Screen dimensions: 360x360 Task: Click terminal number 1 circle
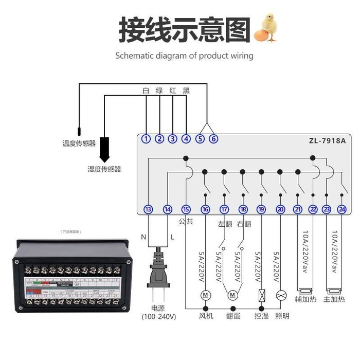tap(147, 139)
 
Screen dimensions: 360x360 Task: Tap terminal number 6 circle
tap(213, 139)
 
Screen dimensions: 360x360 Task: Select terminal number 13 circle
tap(148, 209)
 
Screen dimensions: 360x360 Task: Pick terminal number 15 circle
tap(186, 209)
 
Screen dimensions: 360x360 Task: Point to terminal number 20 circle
tap(280, 209)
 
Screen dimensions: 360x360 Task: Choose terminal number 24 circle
tap(342, 209)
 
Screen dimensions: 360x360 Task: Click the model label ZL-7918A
tap(327, 140)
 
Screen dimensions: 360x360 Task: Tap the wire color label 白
tap(146, 91)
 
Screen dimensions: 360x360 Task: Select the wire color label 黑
tap(186, 91)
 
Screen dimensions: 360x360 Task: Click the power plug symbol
tap(158, 278)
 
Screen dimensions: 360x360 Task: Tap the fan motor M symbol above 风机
tap(205, 295)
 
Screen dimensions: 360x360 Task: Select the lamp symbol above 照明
tap(280, 295)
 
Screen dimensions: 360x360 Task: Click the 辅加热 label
tap(305, 299)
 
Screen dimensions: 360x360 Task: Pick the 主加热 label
tap(334, 299)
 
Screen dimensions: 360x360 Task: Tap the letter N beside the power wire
tap(144, 237)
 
